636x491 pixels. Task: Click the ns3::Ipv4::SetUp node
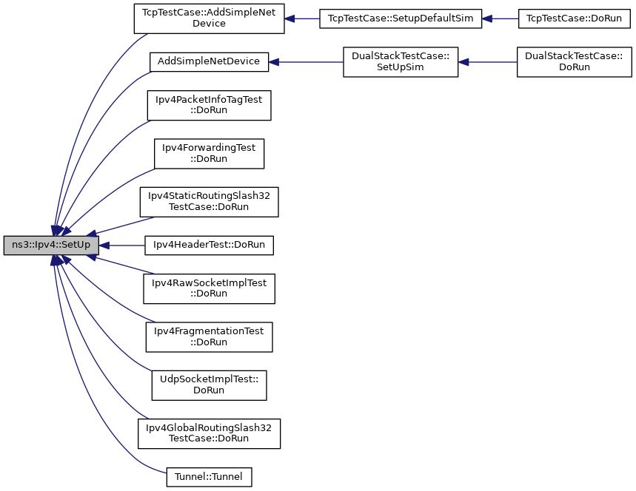click(51, 245)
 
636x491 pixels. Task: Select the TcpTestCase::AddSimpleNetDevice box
click(210, 18)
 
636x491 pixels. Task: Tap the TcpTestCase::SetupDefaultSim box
click(401, 18)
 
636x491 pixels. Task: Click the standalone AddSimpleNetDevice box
click(209, 62)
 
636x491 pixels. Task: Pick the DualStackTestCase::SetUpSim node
click(401, 62)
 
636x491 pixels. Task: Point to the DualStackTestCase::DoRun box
click(574, 62)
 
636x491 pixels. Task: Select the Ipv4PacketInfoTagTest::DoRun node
click(209, 105)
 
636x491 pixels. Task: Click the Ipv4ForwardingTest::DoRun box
click(209, 153)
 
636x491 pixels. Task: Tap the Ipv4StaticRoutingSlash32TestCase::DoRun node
click(209, 201)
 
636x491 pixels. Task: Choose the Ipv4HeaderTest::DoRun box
click(210, 245)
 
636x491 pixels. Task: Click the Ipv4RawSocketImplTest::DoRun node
click(209, 288)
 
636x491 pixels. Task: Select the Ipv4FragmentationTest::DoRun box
click(209, 336)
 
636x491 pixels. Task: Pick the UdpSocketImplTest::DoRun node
click(209, 385)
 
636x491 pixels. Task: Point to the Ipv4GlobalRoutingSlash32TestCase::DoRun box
click(209, 433)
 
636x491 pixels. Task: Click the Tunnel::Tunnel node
click(209, 477)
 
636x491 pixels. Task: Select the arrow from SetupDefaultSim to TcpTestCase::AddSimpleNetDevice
click(302, 18)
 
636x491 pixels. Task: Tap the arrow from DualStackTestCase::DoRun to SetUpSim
click(488, 62)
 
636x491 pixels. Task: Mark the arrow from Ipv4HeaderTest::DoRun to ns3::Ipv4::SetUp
click(122, 245)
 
